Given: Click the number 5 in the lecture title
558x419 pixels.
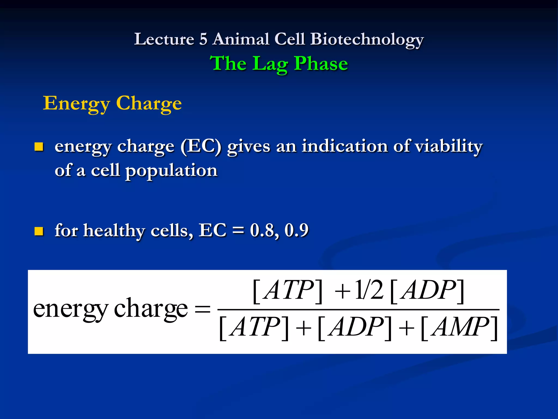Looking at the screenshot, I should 203,39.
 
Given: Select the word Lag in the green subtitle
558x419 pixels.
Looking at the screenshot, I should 270,64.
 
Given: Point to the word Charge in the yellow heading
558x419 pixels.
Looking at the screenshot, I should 149,103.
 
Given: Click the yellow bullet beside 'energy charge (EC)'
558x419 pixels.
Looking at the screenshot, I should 39,147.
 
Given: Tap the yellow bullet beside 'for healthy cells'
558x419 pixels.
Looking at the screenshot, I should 39,231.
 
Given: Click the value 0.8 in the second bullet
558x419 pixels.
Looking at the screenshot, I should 264,230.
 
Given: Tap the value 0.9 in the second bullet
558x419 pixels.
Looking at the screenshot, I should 296,230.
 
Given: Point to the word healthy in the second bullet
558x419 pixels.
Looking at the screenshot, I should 114,230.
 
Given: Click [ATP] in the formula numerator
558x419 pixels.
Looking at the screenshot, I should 288,291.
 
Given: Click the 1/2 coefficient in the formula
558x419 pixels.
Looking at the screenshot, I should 369,291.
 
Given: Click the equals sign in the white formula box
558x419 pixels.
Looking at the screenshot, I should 203,310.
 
